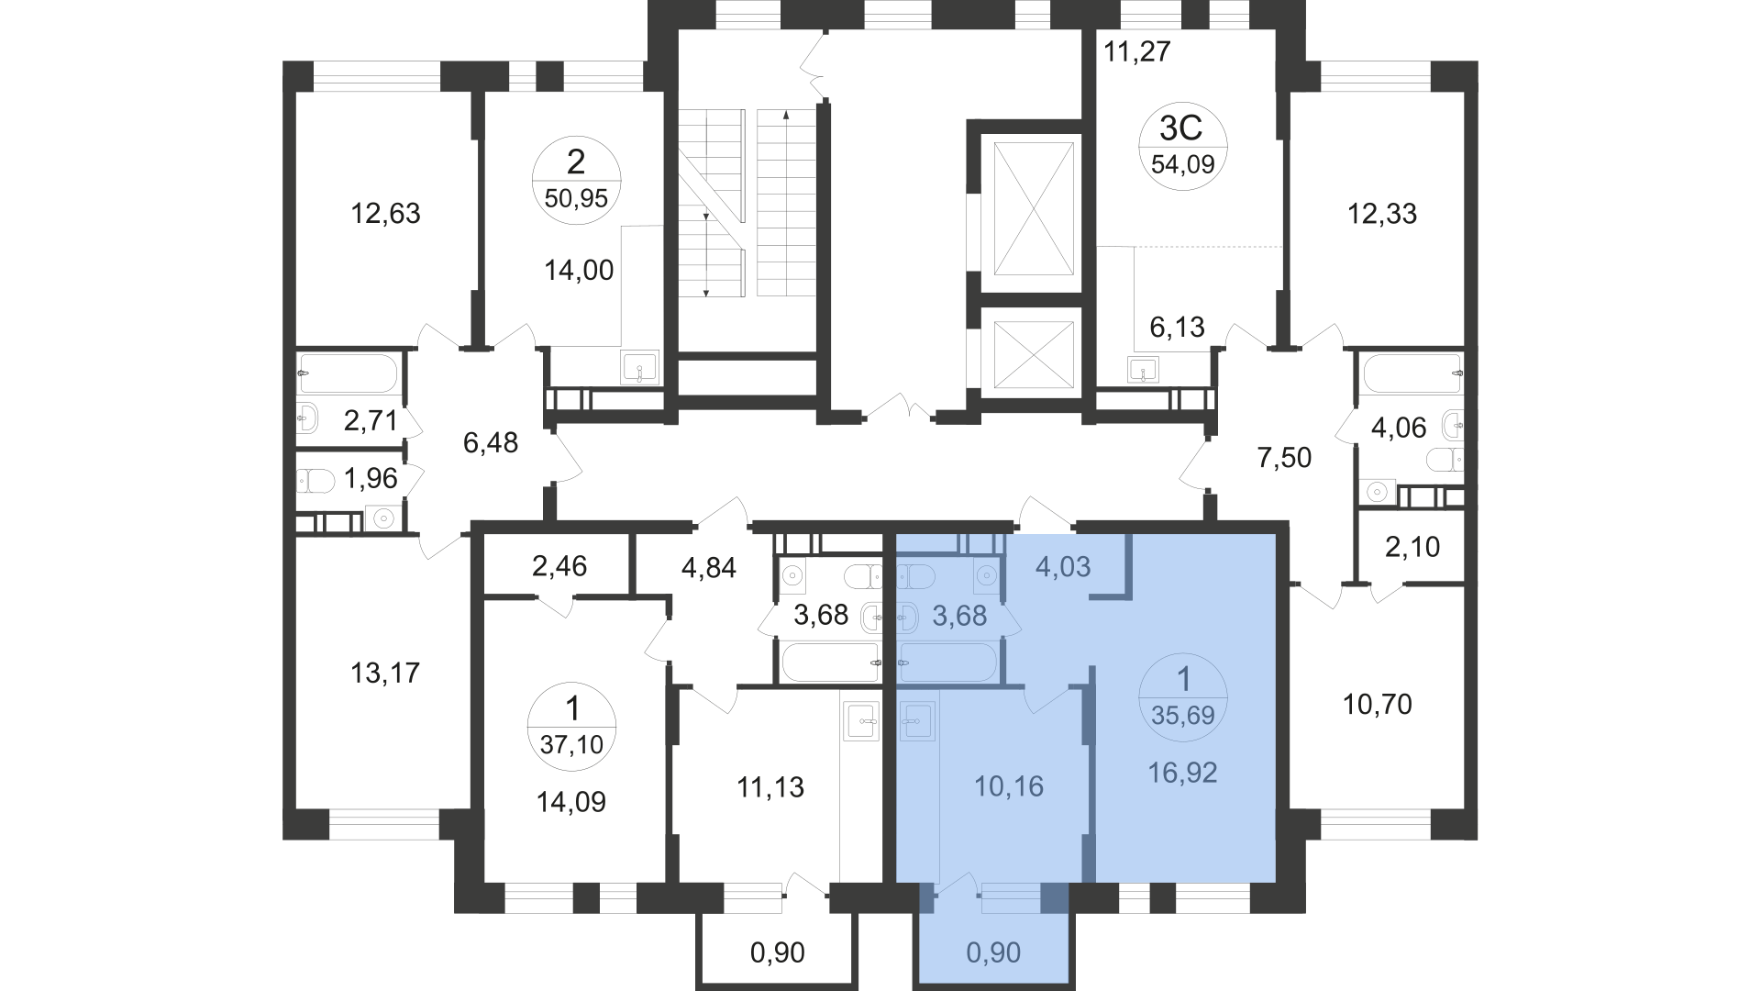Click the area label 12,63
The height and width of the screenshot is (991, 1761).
pos(385,214)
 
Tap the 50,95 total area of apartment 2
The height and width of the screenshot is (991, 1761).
pos(576,198)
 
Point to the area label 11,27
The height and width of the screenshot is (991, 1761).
pos(1137,51)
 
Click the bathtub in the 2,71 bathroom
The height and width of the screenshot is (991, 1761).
pos(348,373)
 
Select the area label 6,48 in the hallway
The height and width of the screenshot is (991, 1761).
pos(491,444)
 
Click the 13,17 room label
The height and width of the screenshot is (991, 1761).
pos(385,674)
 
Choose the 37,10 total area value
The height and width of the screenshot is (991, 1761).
pos(572,744)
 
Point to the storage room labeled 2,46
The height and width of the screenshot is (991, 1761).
pos(559,565)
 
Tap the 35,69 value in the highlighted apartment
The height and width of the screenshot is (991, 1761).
pos(1183,715)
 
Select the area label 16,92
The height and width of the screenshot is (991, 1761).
pos(1183,773)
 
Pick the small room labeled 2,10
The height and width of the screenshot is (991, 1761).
pos(1411,548)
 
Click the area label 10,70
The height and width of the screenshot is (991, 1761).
pos(1378,706)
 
